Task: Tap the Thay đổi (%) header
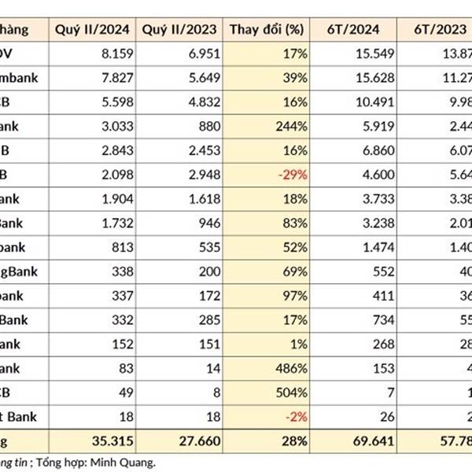click(x=267, y=30)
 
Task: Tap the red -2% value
click(x=294, y=415)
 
